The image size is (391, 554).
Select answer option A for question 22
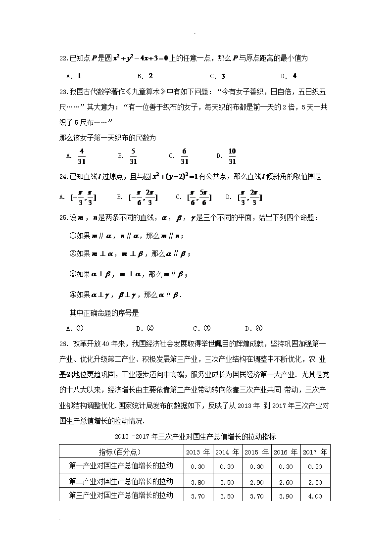[x=73, y=76]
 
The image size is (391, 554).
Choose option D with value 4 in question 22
[x=289, y=76]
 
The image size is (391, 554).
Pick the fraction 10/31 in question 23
[x=232, y=155]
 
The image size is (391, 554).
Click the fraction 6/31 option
[x=184, y=155]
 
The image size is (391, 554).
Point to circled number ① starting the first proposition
[x=73, y=236]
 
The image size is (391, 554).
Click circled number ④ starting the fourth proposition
[x=73, y=295]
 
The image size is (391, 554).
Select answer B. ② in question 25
[x=145, y=328]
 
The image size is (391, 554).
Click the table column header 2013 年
[x=198, y=452]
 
